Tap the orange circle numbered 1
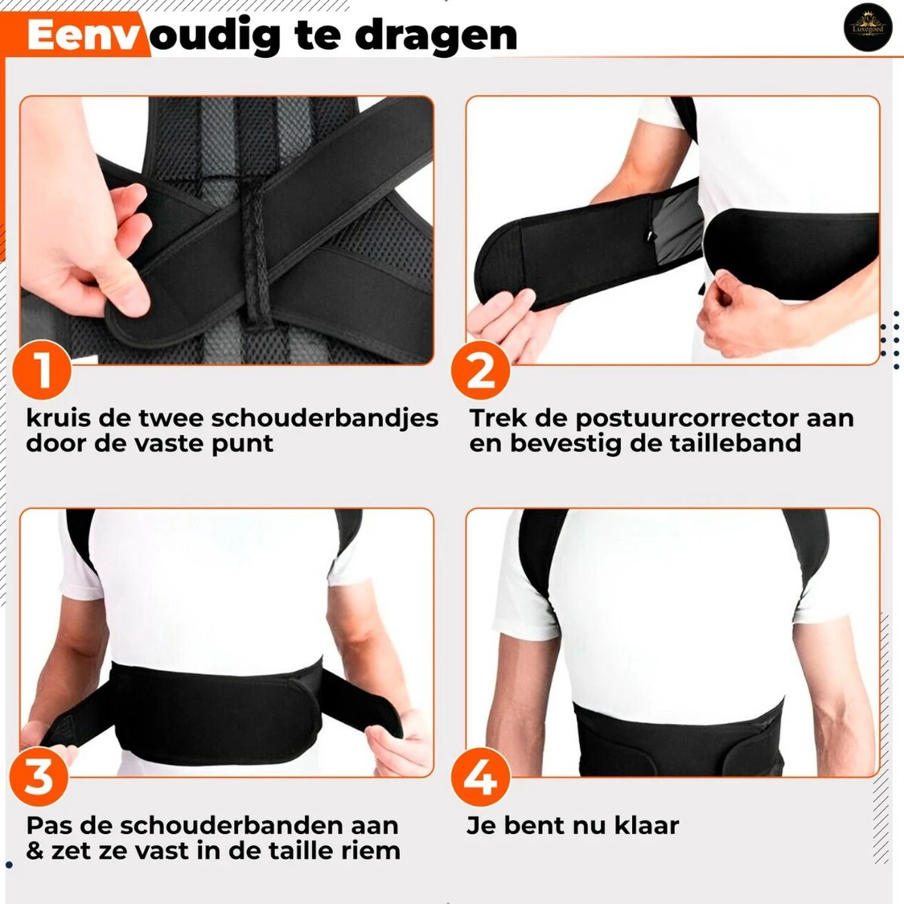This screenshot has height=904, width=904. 41,371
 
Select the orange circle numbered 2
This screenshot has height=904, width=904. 481,371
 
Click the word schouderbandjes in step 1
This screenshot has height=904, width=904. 325,418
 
